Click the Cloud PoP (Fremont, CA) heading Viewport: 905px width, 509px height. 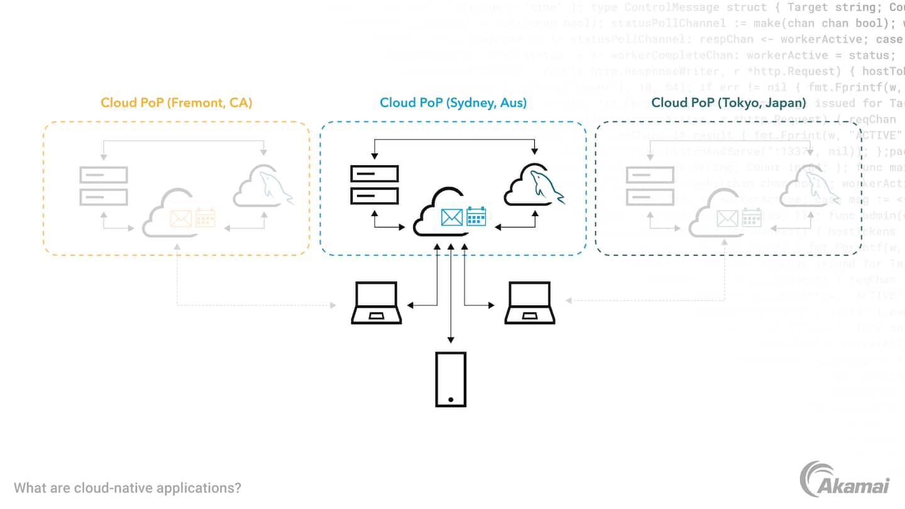(x=177, y=102)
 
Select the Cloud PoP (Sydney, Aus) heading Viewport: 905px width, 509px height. (x=453, y=102)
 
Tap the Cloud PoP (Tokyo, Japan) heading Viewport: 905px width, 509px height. (x=728, y=102)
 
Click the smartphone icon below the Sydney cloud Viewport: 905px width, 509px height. (x=451, y=379)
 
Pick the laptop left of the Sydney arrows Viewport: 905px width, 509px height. (x=376, y=303)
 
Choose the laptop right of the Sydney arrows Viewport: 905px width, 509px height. (x=530, y=303)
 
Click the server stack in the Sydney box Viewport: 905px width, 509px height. (x=375, y=184)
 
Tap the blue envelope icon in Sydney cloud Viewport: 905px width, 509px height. (x=452, y=217)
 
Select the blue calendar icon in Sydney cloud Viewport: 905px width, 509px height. (x=476, y=216)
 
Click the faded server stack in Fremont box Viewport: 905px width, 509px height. (x=104, y=186)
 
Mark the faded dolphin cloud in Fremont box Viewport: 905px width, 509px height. (x=263, y=186)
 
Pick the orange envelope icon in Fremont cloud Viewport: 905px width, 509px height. (x=181, y=219)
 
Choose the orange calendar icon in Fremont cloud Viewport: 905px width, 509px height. (x=205, y=217)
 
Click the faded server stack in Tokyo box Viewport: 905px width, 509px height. (x=650, y=186)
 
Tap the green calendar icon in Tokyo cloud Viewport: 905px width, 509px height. (x=752, y=217)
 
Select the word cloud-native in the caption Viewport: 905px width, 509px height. (x=104, y=488)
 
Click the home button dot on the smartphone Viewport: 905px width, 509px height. (x=451, y=400)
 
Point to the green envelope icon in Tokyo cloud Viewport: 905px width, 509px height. (x=728, y=219)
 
